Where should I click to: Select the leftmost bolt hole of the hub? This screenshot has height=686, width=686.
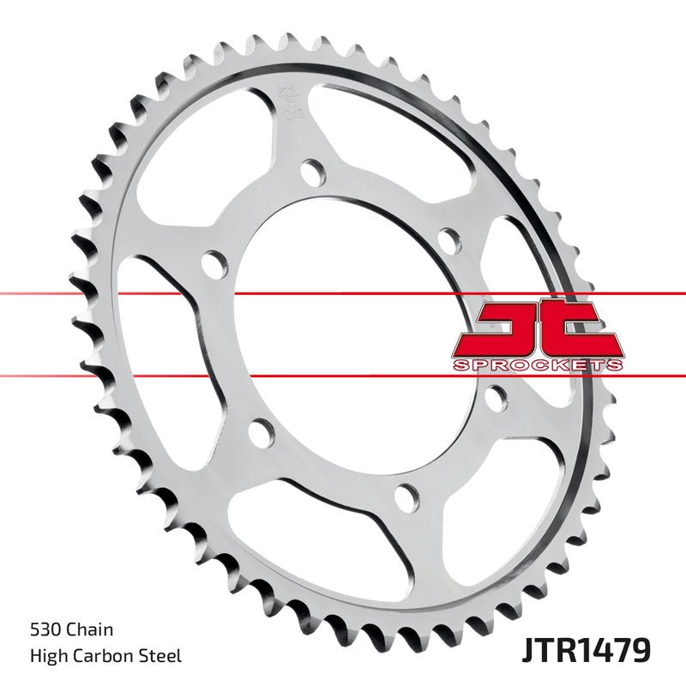(x=211, y=262)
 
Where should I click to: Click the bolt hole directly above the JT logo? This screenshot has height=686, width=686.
(x=448, y=238)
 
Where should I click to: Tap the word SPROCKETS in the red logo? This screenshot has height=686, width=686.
(x=538, y=365)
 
